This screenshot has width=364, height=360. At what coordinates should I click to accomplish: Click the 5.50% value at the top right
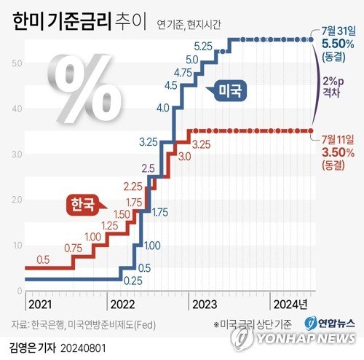coord(338,44)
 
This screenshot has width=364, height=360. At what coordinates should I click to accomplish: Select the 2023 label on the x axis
coord(204,303)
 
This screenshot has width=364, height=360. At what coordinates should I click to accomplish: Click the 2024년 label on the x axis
coord(290,303)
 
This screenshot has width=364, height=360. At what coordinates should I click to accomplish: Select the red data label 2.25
coord(132,186)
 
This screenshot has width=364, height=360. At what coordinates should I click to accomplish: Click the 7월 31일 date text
coord(338,32)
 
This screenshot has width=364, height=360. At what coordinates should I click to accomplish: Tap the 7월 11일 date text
coord(338,138)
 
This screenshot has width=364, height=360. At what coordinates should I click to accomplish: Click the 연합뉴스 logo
coord(329,323)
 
